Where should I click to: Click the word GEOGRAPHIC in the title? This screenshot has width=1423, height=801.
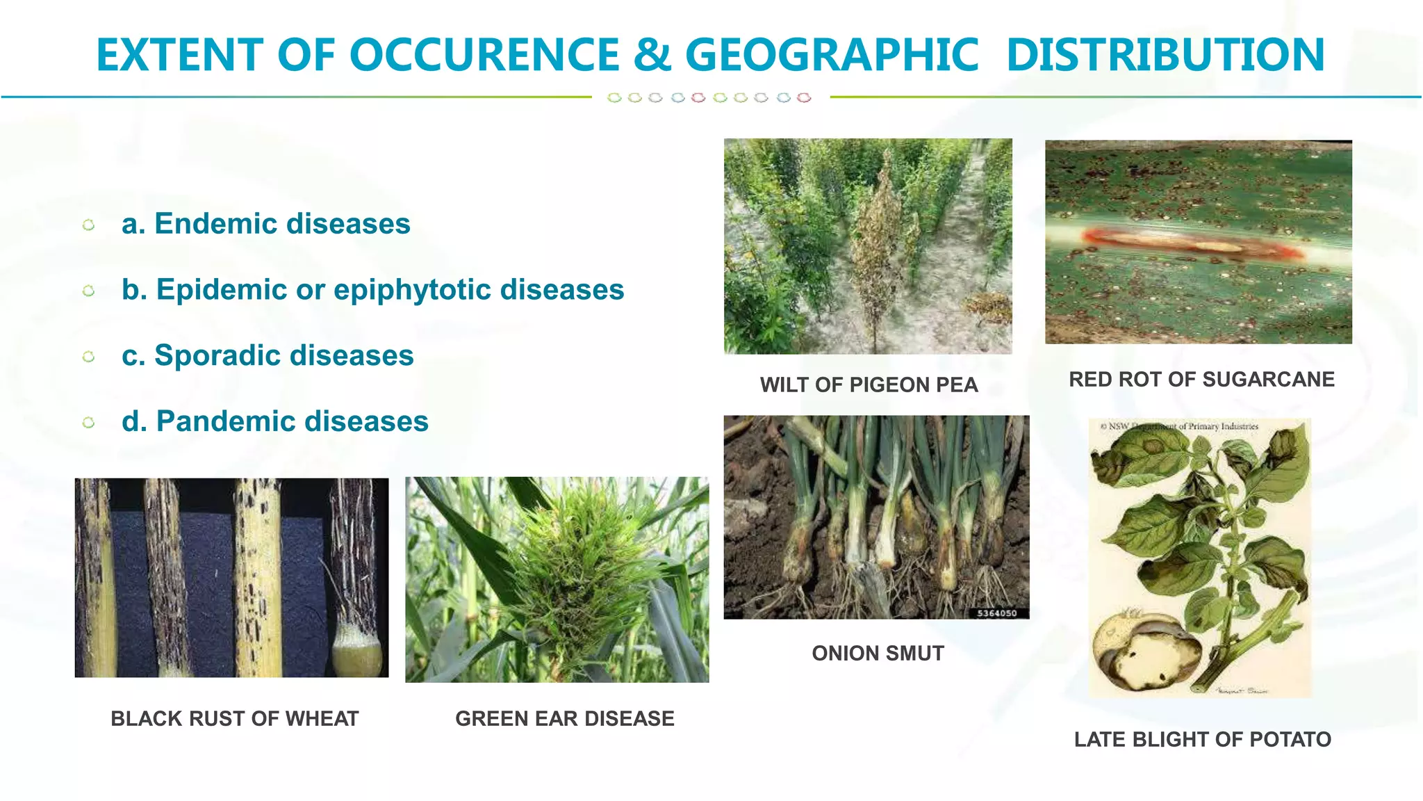[832, 55]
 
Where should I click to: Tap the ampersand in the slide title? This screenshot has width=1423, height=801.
[652, 55]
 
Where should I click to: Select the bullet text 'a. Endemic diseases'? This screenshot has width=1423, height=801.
[265, 224]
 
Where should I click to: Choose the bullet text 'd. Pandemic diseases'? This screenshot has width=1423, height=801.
[274, 421]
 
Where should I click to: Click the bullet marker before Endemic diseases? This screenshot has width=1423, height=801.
[88, 225]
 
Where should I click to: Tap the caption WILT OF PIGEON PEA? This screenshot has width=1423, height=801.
[869, 385]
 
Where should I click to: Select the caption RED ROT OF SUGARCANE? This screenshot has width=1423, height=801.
[1201, 380]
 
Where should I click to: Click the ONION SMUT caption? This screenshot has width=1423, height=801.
[878, 654]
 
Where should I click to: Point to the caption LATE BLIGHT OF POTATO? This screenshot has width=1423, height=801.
[1202, 739]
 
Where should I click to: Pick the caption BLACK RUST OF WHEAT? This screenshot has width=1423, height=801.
[235, 718]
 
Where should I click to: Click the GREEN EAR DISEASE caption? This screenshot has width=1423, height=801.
[564, 718]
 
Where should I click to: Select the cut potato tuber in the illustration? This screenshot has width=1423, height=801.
[1146, 654]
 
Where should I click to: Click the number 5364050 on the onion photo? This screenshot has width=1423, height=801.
[996, 613]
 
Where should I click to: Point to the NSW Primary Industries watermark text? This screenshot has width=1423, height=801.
[1181, 426]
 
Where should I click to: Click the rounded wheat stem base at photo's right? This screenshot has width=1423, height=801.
[357, 650]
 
